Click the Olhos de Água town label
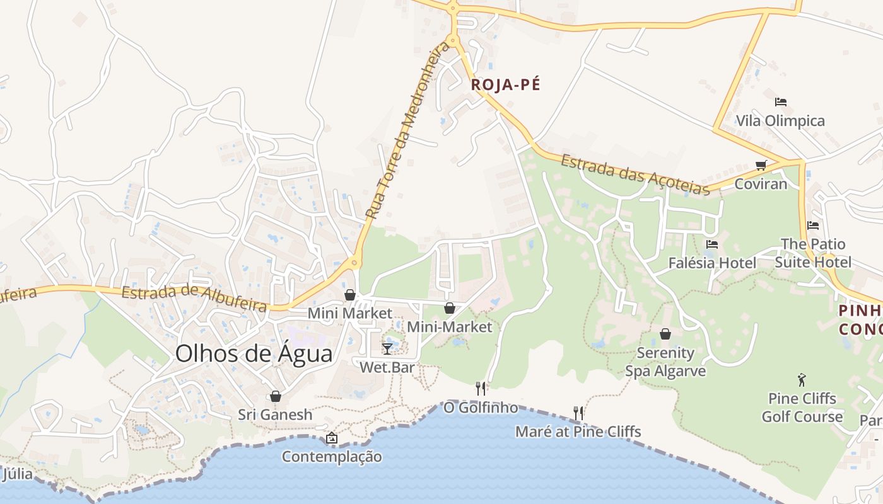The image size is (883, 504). point(254,354)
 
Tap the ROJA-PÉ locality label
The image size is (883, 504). point(506,85)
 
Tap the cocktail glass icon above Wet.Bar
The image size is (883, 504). point(387,348)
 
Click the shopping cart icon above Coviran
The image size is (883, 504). point(761,165)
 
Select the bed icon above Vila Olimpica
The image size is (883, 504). point(781,101)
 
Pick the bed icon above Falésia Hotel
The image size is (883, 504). point(712,244)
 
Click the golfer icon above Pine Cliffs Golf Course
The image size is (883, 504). point(802,380)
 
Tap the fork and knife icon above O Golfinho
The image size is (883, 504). point(481,388)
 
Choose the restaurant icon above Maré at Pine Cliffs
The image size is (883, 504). point(578,413)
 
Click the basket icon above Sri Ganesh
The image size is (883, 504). point(275,396)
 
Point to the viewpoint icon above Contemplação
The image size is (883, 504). point(332,438)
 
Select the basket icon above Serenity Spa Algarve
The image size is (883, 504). point(665,334)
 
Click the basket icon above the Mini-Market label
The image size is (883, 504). point(449,308)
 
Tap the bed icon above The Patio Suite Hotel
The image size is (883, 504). point(813,225)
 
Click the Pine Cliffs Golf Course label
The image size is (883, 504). point(802,408)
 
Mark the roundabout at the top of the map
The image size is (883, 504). point(452,9)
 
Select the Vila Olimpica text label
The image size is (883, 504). point(780,121)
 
